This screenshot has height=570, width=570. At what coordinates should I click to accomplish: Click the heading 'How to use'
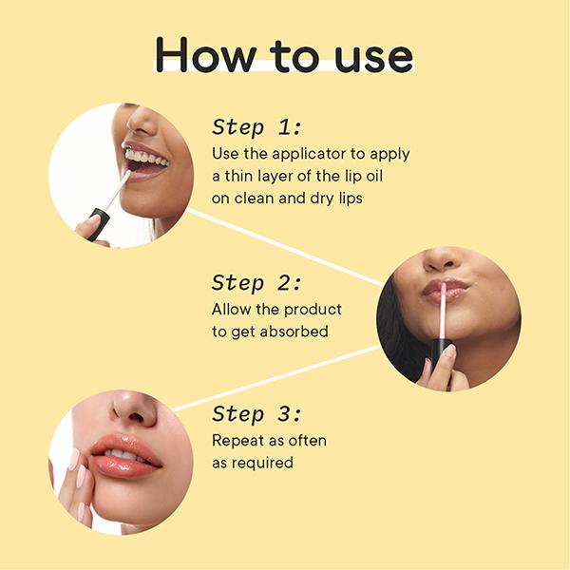pyautogui.click(x=284, y=54)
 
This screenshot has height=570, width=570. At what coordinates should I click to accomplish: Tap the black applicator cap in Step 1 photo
pyautogui.click(x=96, y=224)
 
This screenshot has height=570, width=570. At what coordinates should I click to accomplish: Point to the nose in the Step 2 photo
pyautogui.click(x=443, y=258)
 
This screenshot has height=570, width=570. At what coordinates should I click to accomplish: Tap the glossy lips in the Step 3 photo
pyautogui.click(x=123, y=453)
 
